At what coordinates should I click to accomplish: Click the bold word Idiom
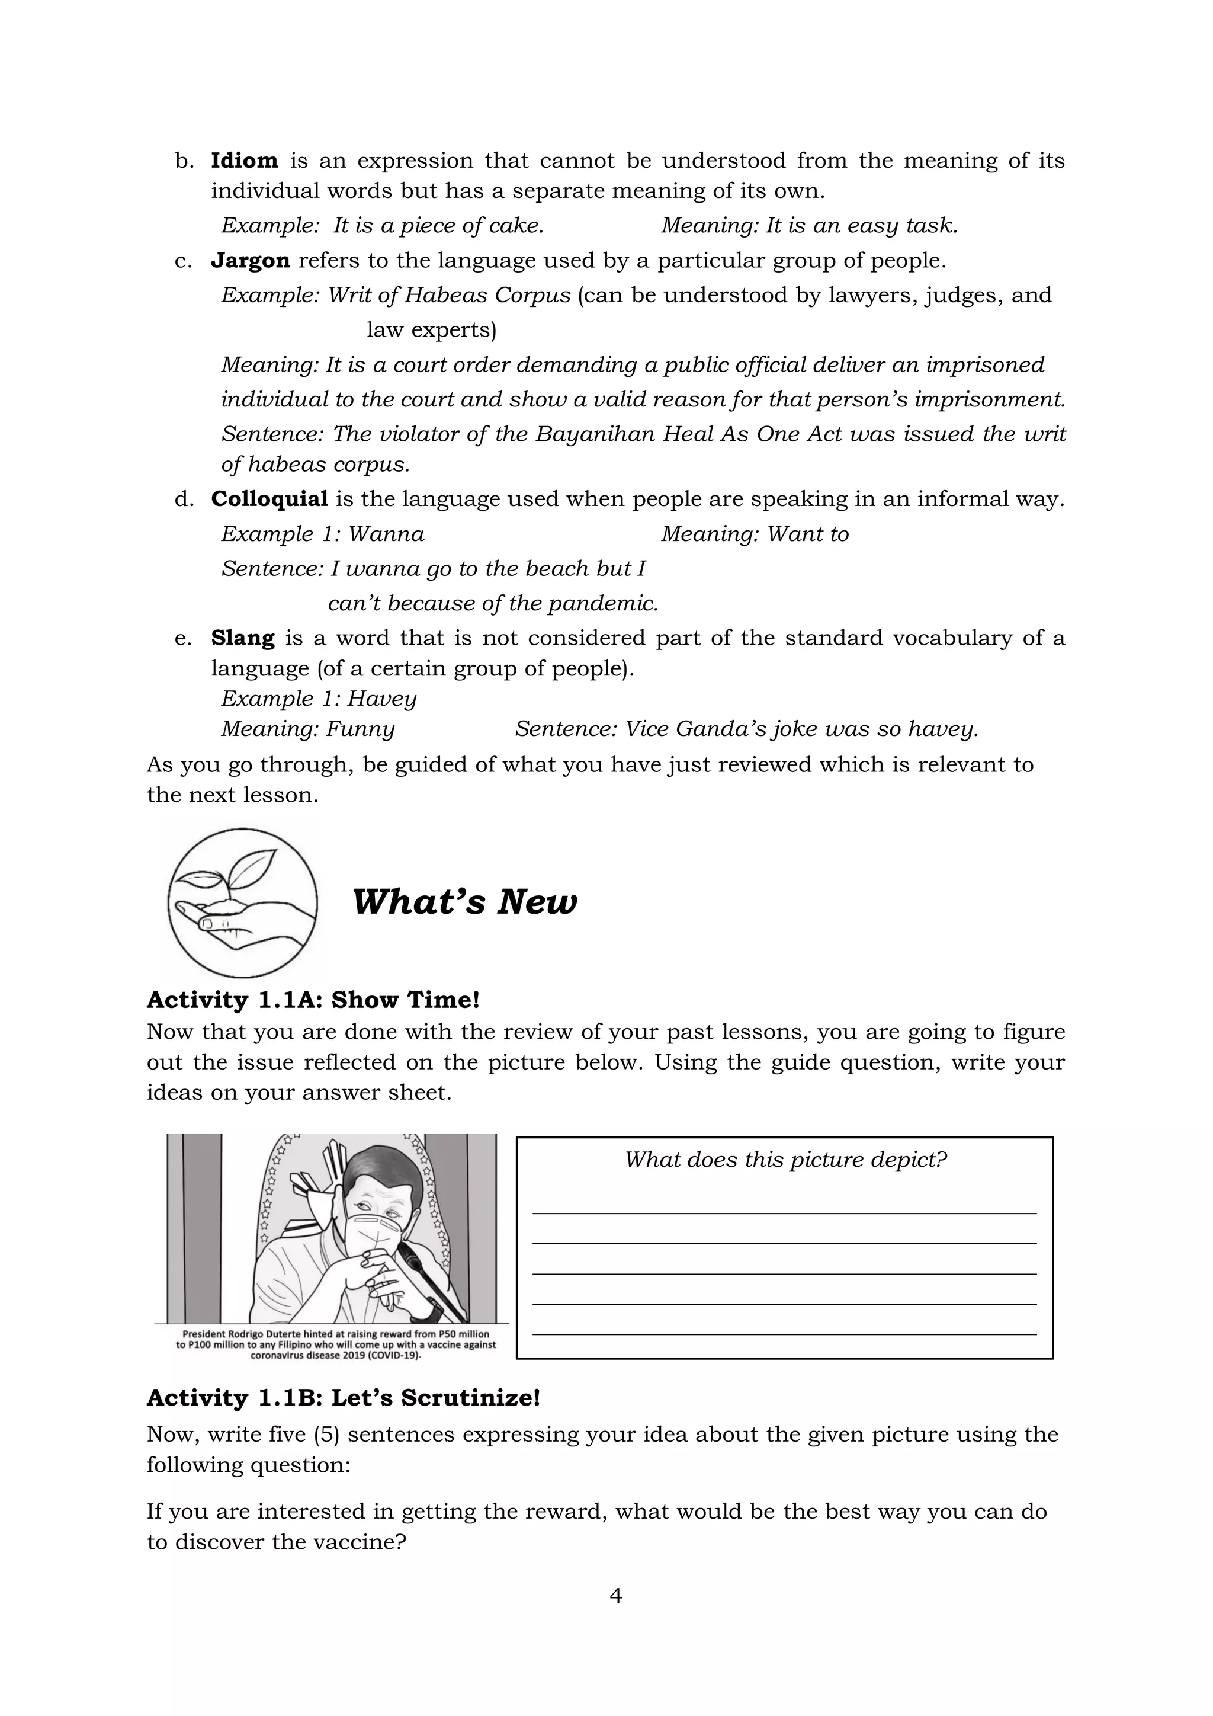click(244, 161)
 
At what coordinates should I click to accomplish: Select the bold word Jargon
click(249, 261)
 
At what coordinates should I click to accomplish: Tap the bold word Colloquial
click(269, 500)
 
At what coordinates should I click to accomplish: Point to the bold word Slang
click(242, 638)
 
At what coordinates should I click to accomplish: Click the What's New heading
click(464, 901)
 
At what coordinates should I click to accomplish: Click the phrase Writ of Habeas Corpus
click(450, 295)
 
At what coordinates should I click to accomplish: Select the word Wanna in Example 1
click(386, 534)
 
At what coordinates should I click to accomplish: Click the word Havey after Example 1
click(381, 699)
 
